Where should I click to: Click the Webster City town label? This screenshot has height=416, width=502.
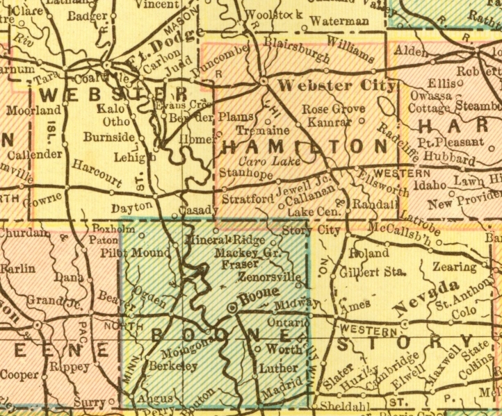337,86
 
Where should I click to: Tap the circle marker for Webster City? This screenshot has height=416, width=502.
264,82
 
